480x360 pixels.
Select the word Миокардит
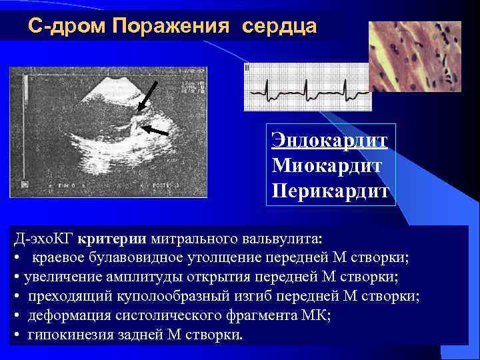(327, 164)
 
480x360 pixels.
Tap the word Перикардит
(329, 188)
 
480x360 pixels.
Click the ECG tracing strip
(307, 87)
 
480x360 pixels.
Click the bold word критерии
(111, 237)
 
